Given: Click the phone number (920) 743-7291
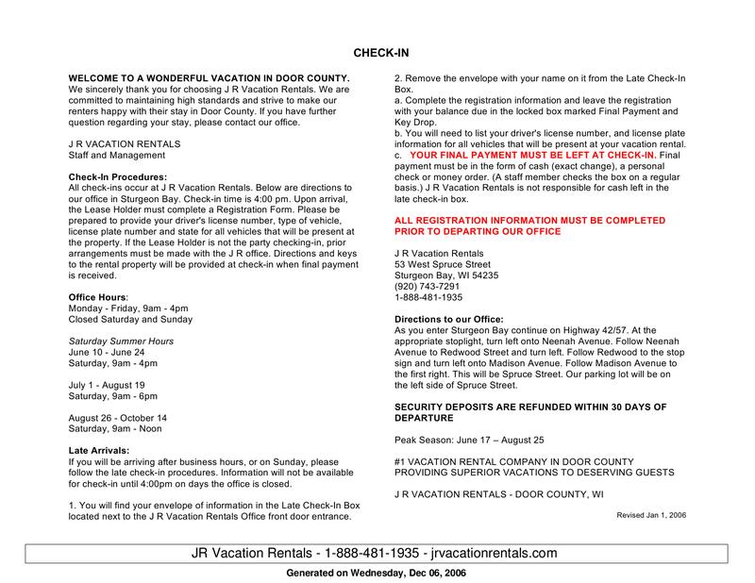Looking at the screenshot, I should [428, 287].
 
